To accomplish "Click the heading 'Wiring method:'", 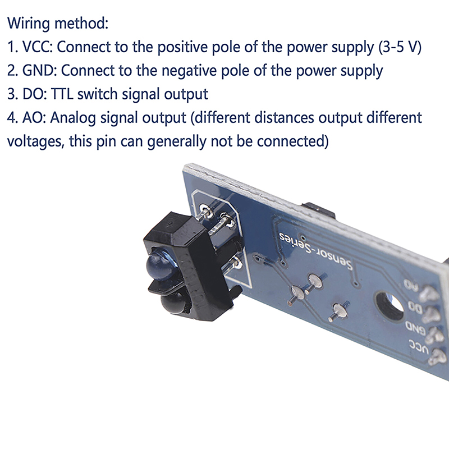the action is tap(58, 23).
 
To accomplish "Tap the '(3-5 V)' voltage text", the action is tap(400, 47).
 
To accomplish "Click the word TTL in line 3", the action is tap(62, 94).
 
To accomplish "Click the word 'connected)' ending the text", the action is tap(292, 142).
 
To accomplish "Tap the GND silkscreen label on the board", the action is tap(415, 328).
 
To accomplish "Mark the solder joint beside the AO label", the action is tap(429, 294).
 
